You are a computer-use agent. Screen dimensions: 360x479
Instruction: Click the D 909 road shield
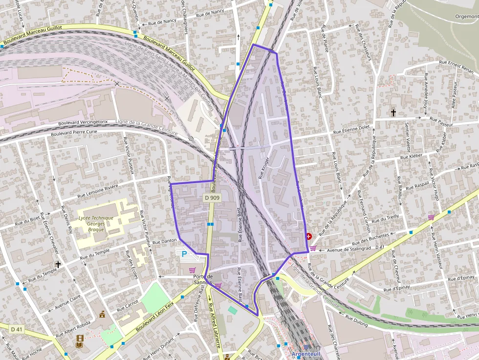tap(212, 198)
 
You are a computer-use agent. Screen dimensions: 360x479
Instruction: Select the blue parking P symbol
tap(184, 254)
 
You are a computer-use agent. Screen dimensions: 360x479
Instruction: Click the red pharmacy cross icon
tap(309, 236)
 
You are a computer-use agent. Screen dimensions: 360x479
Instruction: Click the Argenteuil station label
tap(305, 354)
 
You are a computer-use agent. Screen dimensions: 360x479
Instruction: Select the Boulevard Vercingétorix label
tap(83, 123)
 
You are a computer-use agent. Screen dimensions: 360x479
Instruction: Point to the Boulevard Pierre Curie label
tap(71, 132)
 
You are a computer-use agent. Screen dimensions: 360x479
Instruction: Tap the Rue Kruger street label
tap(264, 168)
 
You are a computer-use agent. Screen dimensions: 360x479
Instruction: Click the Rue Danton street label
tap(164, 241)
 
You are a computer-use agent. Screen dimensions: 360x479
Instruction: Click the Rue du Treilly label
tap(386, 218)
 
